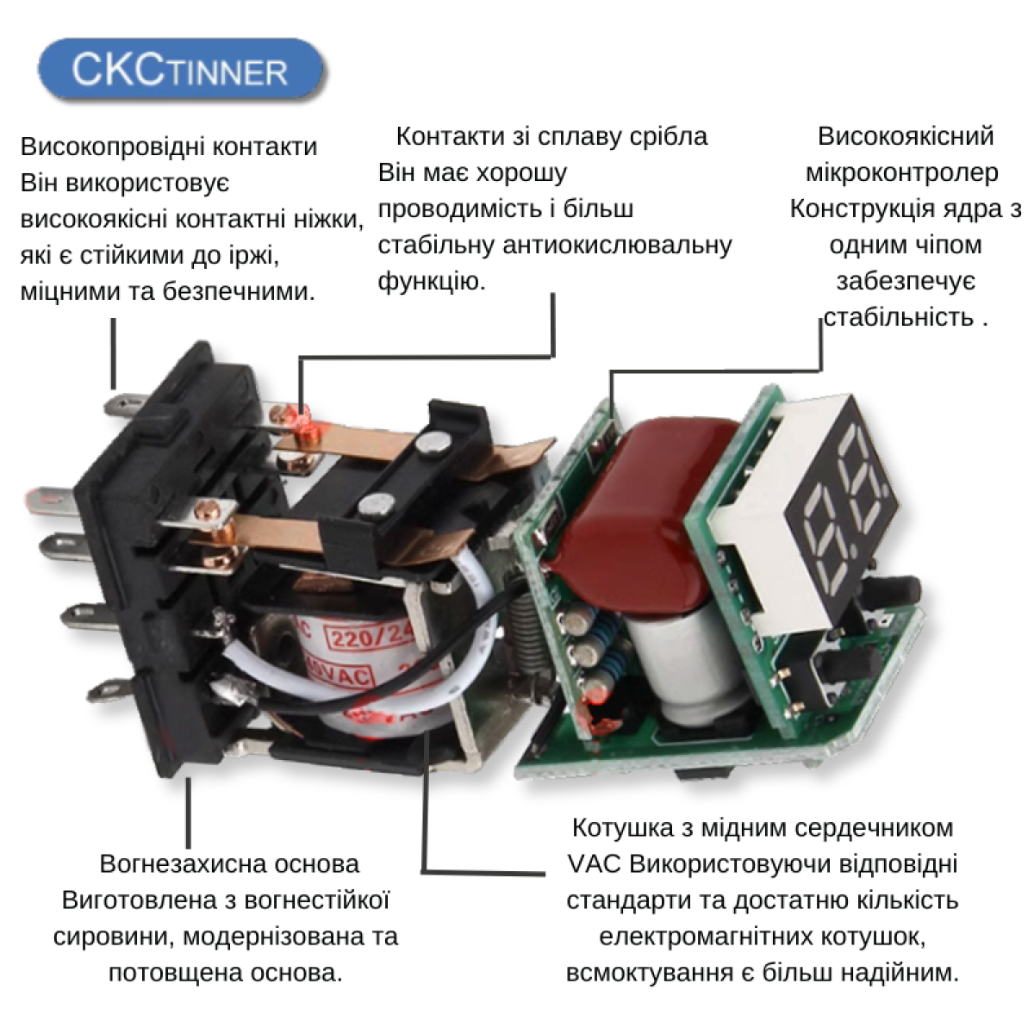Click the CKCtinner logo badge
click(181, 69)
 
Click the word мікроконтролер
click(902, 173)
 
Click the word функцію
click(432, 282)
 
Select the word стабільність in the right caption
click(898, 318)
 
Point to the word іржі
click(253, 256)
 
